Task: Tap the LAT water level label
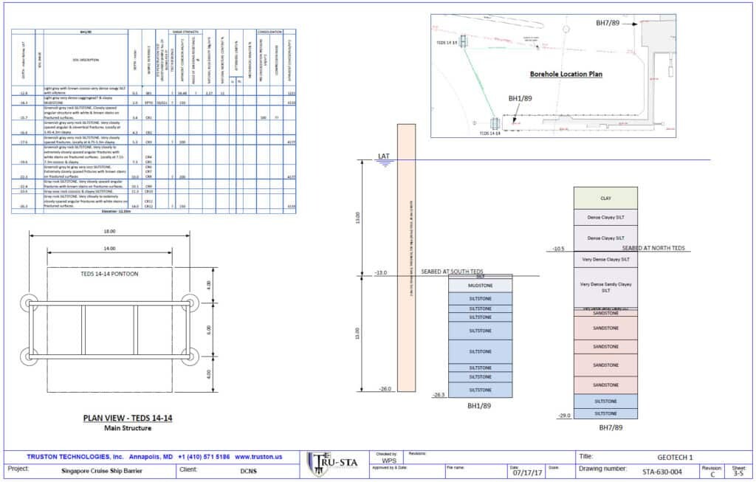tap(383, 156)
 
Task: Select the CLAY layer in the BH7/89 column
tap(605, 198)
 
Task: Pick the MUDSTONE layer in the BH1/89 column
tap(480, 284)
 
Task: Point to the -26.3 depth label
tap(439, 394)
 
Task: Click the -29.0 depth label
tap(566, 416)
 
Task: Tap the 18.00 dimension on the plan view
tap(110, 234)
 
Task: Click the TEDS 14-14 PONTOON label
tap(110, 275)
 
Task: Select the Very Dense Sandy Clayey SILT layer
tap(605, 286)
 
